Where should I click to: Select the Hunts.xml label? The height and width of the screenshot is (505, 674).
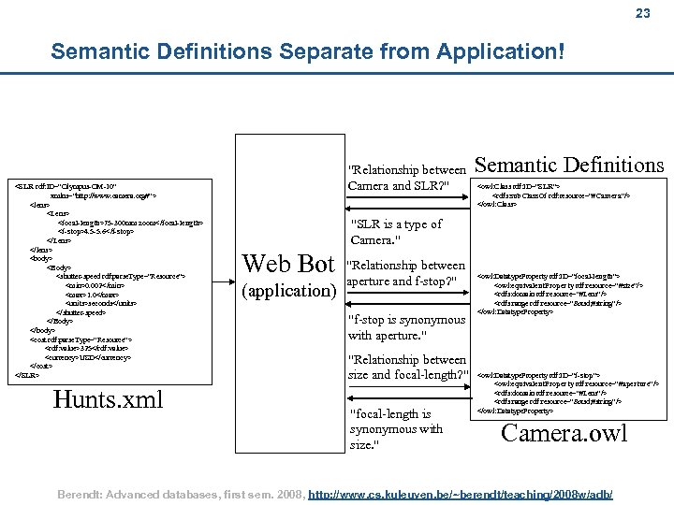[108, 399]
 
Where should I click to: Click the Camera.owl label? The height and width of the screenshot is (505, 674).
[564, 433]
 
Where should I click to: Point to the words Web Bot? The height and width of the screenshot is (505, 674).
[288, 263]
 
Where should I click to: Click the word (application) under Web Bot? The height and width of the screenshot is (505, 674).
[288, 290]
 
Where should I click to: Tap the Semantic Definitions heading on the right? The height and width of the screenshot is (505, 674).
[570, 166]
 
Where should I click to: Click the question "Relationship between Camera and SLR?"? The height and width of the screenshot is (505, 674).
[406, 178]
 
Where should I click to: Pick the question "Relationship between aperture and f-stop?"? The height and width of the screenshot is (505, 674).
[406, 273]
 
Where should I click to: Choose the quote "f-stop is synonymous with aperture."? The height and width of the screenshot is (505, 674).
[406, 327]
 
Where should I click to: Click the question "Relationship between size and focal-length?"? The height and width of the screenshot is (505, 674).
[406, 368]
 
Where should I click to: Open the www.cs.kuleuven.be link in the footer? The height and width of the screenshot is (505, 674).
[464, 492]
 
